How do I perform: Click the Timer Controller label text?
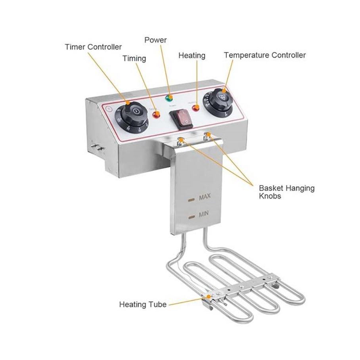[93, 47]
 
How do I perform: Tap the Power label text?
[155, 40]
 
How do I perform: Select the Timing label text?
[134, 59]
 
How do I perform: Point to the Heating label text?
[192, 56]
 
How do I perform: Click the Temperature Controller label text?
[265, 55]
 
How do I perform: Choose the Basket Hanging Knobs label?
[286, 192]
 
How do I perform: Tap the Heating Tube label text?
[143, 304]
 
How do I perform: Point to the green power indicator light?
[169, 98]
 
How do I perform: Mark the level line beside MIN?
[192, 217]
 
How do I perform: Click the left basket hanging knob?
[182, 140]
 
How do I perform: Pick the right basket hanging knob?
[207, 136]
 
